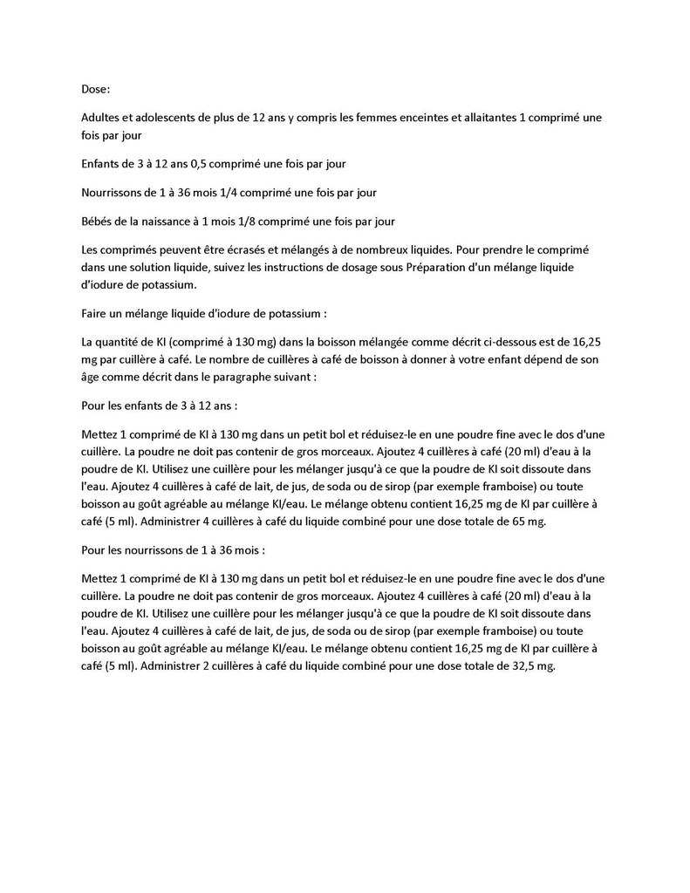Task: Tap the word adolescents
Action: [x=167, y=117]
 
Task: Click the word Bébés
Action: [x=98, y=221]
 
